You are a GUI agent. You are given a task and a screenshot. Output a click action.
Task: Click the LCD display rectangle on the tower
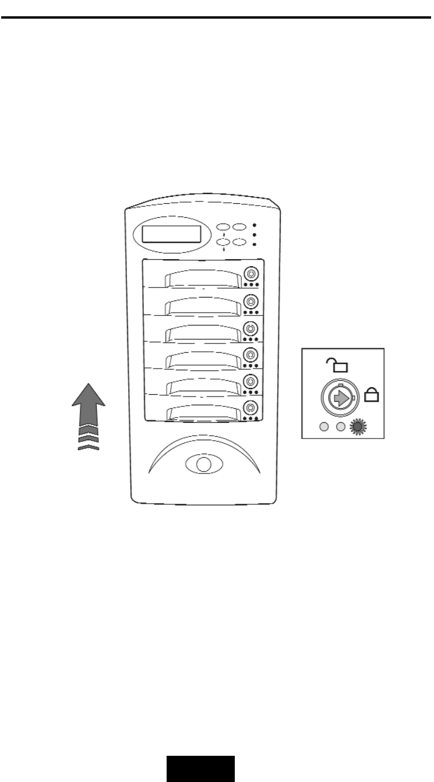(172, 235)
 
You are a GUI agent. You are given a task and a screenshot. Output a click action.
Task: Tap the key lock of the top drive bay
(251, 274)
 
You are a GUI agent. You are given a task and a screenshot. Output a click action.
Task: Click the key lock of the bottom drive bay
(251, 407)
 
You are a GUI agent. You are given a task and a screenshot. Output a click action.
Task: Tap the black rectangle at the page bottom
(202, 769)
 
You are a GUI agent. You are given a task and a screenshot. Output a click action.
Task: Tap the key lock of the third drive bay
(251, 327)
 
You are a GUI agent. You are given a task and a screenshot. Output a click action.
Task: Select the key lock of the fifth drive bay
(251, 381)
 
